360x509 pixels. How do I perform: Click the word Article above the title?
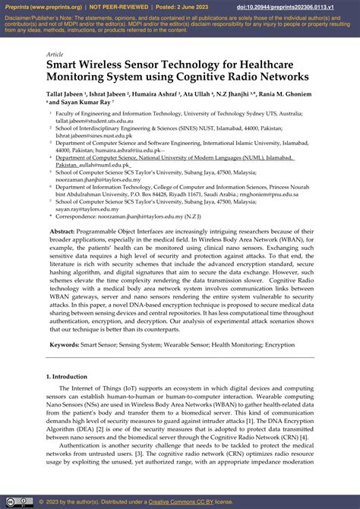[x=55, y=55]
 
